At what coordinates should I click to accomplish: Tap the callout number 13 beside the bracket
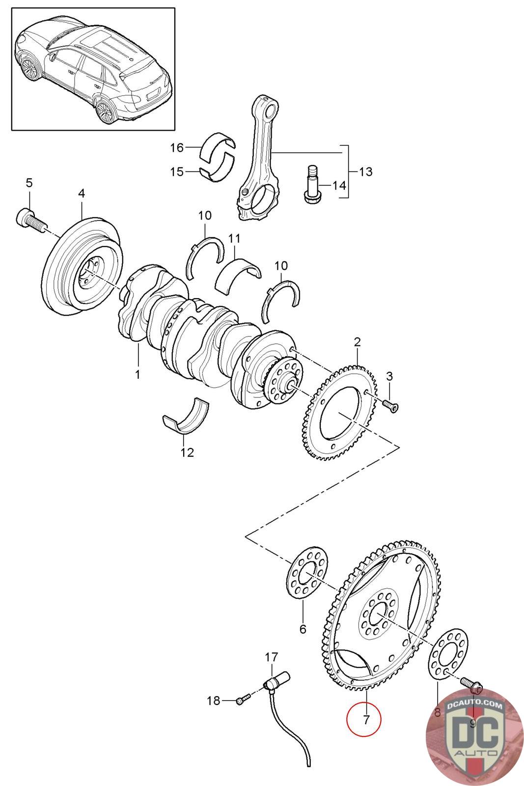pyautogui.click(x=365, y=172)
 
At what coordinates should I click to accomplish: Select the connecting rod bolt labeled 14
pyautogui.click(x=310, y=185)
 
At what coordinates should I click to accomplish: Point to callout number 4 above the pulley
pyautogui.click(x=82, y=193)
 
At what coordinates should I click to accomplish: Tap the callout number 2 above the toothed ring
pyautogui.click(x=358, y=341)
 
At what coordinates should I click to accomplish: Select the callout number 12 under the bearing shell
pyautogui.click(x=187, y=452)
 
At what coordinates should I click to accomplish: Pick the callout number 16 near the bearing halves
pyautogui.click(x=177, y=147)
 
